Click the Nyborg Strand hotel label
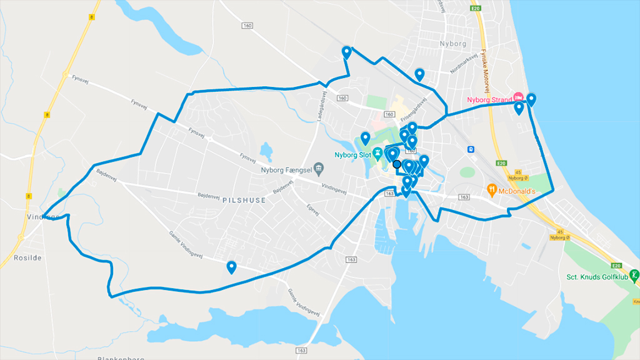489,99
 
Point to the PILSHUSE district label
243,201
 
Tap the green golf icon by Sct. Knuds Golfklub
634,275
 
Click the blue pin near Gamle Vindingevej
231,267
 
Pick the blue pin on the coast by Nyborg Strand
531,98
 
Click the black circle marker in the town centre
397,164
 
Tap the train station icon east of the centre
470,149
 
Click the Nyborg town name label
453,44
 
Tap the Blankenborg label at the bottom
121,358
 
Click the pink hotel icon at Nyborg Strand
518,98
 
